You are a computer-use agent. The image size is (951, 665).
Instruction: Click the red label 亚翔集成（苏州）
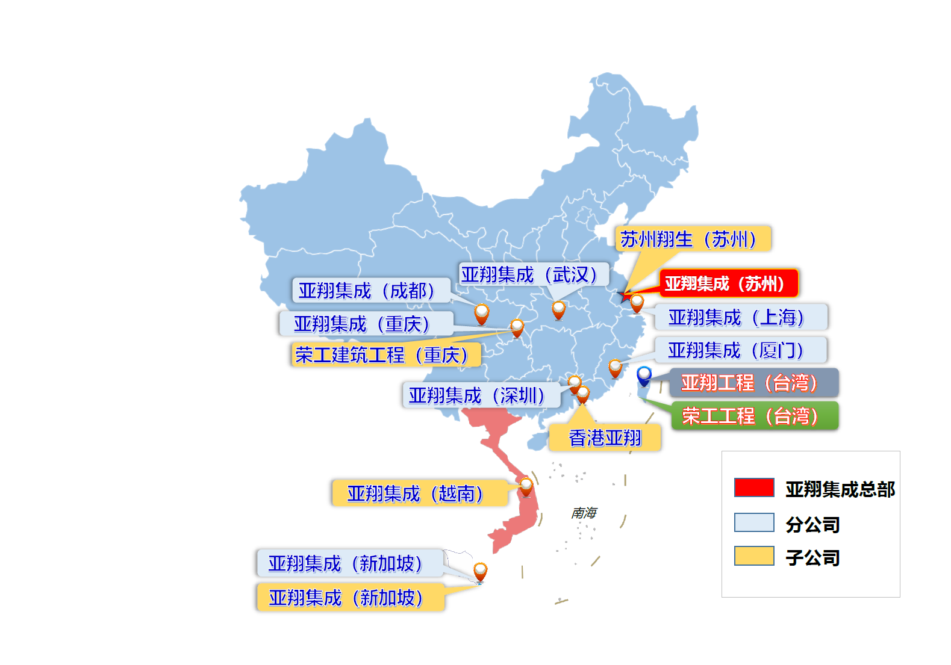click(728, 283)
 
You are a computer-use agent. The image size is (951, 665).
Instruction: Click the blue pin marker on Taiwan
click(644, 375)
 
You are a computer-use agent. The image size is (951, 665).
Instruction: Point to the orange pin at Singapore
click(480, 571)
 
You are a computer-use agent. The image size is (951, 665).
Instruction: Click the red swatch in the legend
click(753, 487)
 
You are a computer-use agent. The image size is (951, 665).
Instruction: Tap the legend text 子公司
click(812, 558)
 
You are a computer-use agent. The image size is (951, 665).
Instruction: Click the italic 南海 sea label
click(584, 513)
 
